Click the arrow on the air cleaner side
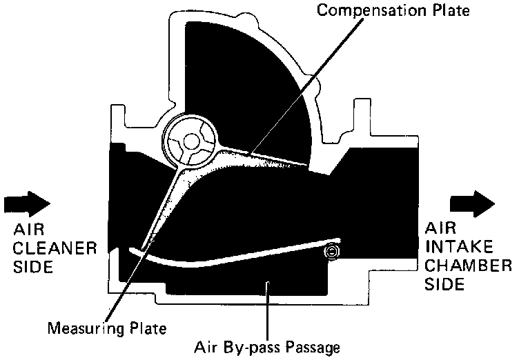tap(26, 203)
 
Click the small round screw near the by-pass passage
tap(333, 252)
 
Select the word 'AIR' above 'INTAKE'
tap(440, 228)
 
